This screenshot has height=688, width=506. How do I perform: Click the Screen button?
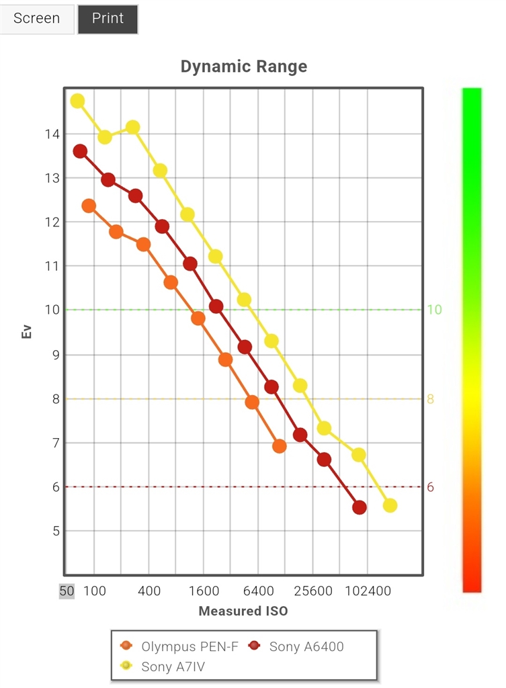coord(37,18)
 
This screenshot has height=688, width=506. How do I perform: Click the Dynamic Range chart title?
coord(244,67)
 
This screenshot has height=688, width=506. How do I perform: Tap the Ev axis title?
coord(27,331)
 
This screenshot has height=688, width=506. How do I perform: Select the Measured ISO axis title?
coord(243,611)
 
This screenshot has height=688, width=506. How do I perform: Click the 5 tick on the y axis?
coord(54,531)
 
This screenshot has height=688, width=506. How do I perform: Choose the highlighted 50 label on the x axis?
coord(67,591)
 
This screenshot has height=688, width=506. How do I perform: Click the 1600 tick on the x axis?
coord(204,591)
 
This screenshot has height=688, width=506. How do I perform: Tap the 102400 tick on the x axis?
coord(367,591)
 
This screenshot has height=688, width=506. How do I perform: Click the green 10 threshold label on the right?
coord(434,310)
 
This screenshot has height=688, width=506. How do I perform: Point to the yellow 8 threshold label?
coord(431,398)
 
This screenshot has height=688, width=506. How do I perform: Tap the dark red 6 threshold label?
coord(431,487)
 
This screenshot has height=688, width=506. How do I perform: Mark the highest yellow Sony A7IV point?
coord(78,101)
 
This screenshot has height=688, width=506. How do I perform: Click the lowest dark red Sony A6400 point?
coord(360,507)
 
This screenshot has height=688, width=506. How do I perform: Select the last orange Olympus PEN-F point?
coord(280,446)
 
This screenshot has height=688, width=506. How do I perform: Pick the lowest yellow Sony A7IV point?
coord(390,505)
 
